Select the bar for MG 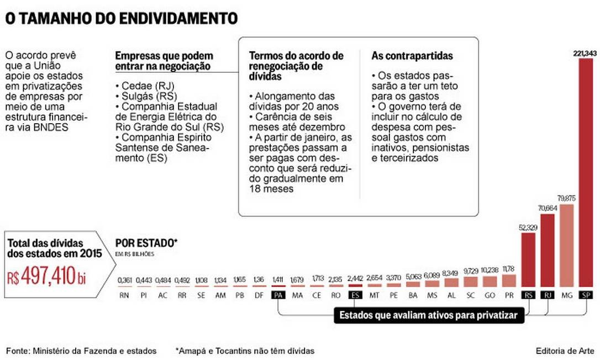tap(566, 246)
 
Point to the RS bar tap(528, 260)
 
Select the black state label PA tap(278, 295)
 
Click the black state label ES tap(355, 295)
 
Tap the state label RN tap(124, 295)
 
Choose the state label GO tap(490, 295)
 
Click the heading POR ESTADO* tap(146, 243)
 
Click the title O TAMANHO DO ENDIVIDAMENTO tap(122, 18)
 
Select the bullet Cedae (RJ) tap(140, 87)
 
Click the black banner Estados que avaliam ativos tap(428, 316)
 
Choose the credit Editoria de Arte tap(565, 351)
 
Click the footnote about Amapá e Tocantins tap(245, 351)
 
